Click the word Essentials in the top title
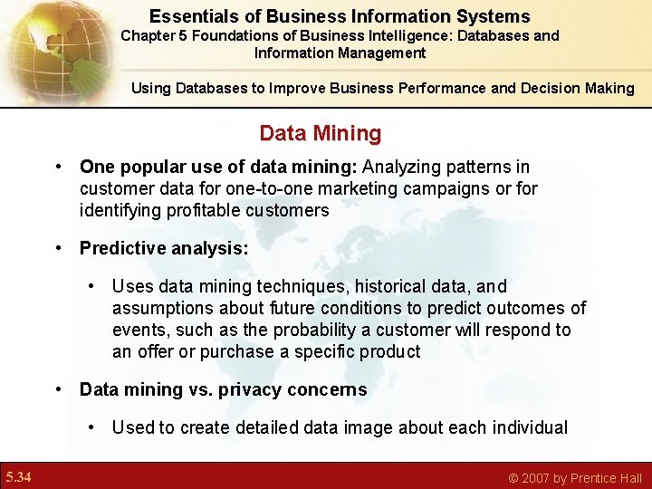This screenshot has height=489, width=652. (x=190, y=16)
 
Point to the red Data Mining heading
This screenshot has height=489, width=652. (x=321, y=134)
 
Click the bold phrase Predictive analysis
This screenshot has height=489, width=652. (x=164, y=248)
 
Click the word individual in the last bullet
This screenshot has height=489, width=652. (x=529, y=428)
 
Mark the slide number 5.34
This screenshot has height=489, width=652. (x=19, y=477)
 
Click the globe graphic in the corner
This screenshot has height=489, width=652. (x=45, y=45)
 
